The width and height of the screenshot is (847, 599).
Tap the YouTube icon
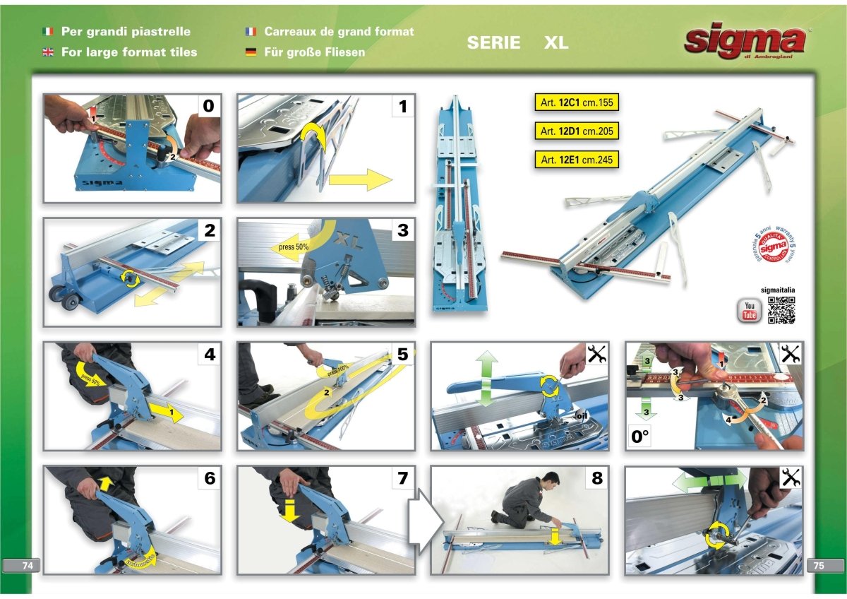[749, 311]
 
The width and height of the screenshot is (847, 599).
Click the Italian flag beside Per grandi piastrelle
[48, 32]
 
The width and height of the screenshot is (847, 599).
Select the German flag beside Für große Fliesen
[251, 52]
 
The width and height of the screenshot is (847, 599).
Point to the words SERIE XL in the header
[517, 43]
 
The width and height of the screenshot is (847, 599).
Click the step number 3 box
[402, 230]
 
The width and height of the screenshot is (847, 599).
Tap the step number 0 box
[208, 106]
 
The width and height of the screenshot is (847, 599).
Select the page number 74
[28, 565]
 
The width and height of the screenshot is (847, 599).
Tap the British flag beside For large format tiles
[48, 52]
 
